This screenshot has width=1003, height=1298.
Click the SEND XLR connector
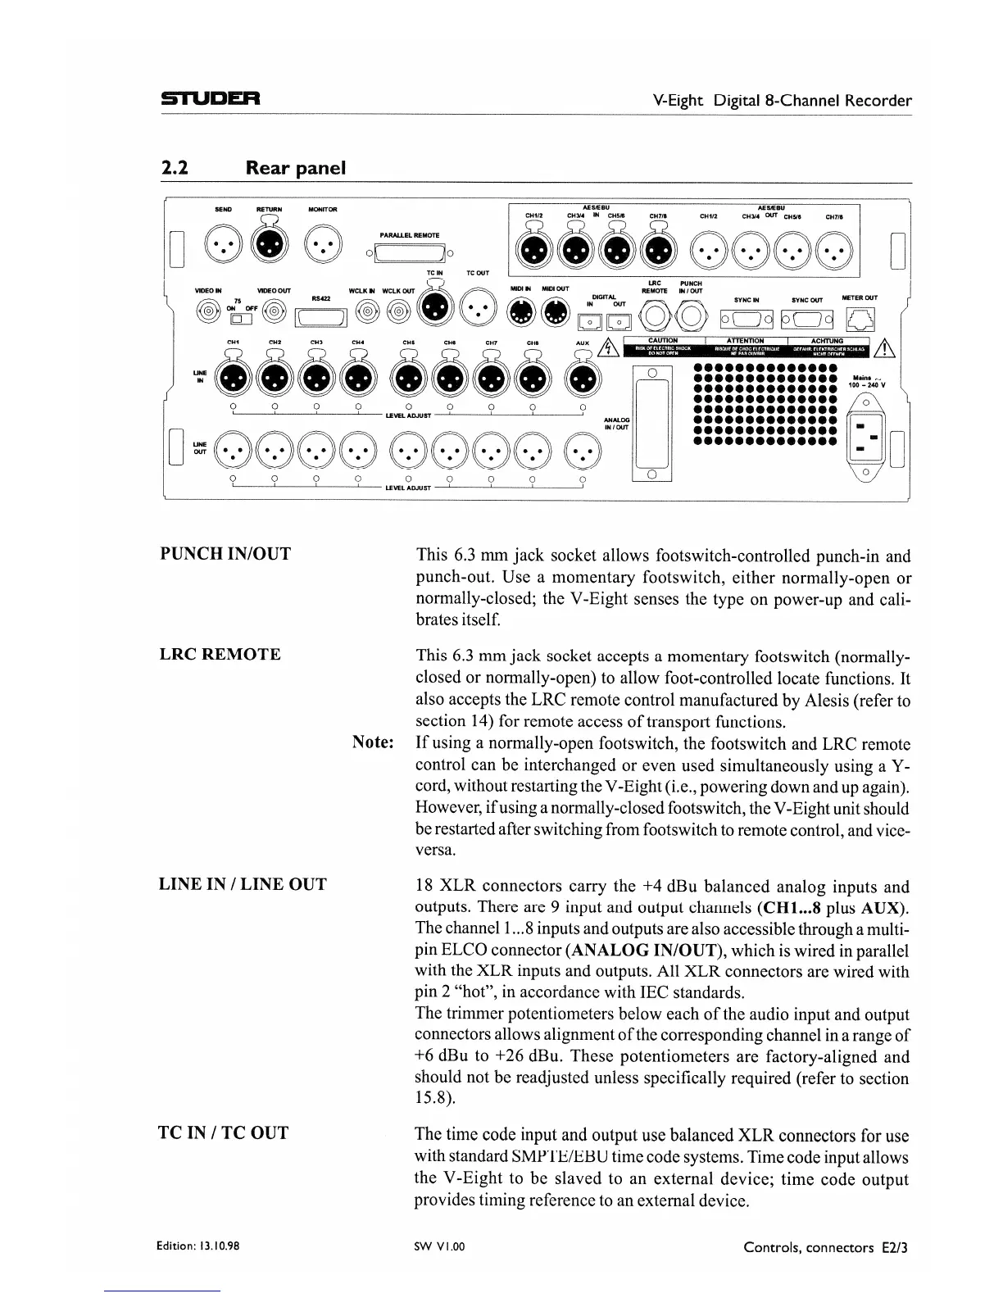tap(223, 244)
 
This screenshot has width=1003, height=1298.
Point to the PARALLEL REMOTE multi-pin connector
tap(409, 252)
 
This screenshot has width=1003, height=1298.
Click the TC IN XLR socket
tap(434, 310)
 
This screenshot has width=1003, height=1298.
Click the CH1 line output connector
tap(233, 451)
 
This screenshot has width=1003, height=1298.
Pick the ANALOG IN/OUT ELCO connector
tap(652, 424)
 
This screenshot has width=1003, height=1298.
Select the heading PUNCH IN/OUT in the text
tap(225, 554)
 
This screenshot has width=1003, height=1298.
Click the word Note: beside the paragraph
tap(374, 742)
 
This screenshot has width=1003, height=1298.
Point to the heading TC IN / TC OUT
tap(223, 1133)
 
